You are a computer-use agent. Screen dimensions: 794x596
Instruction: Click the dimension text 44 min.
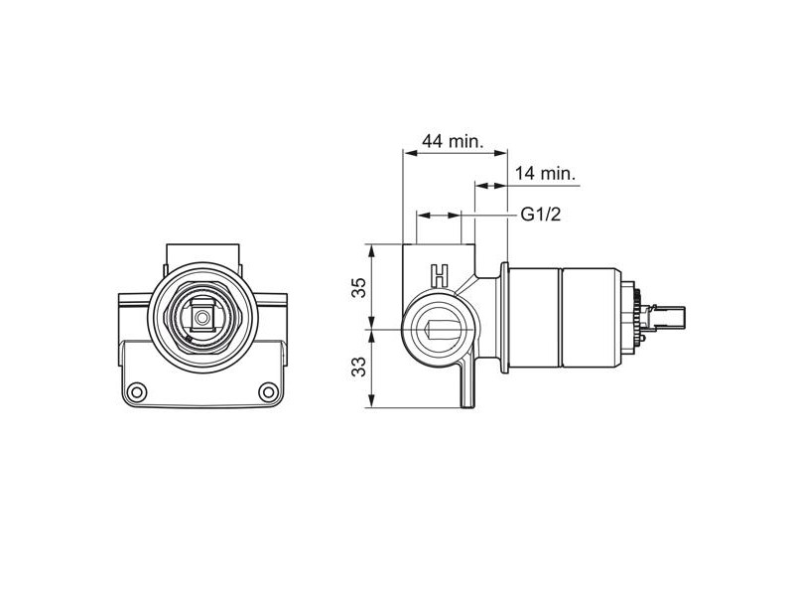pos(454,141)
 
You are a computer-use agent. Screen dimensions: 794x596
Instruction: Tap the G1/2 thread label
pos(541,215)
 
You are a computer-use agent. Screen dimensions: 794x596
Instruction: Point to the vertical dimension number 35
pos(359,287)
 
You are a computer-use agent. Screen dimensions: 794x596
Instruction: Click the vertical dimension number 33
pos(359,367)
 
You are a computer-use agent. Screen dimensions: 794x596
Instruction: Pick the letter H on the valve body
pos(440,276)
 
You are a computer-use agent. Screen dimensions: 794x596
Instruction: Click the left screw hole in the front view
pos(137,391)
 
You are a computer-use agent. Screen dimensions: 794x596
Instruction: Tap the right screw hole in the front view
pos(268,391)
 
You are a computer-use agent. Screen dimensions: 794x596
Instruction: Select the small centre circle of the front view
pos(203,318)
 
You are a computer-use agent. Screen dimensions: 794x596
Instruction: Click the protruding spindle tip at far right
pos(667,317)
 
